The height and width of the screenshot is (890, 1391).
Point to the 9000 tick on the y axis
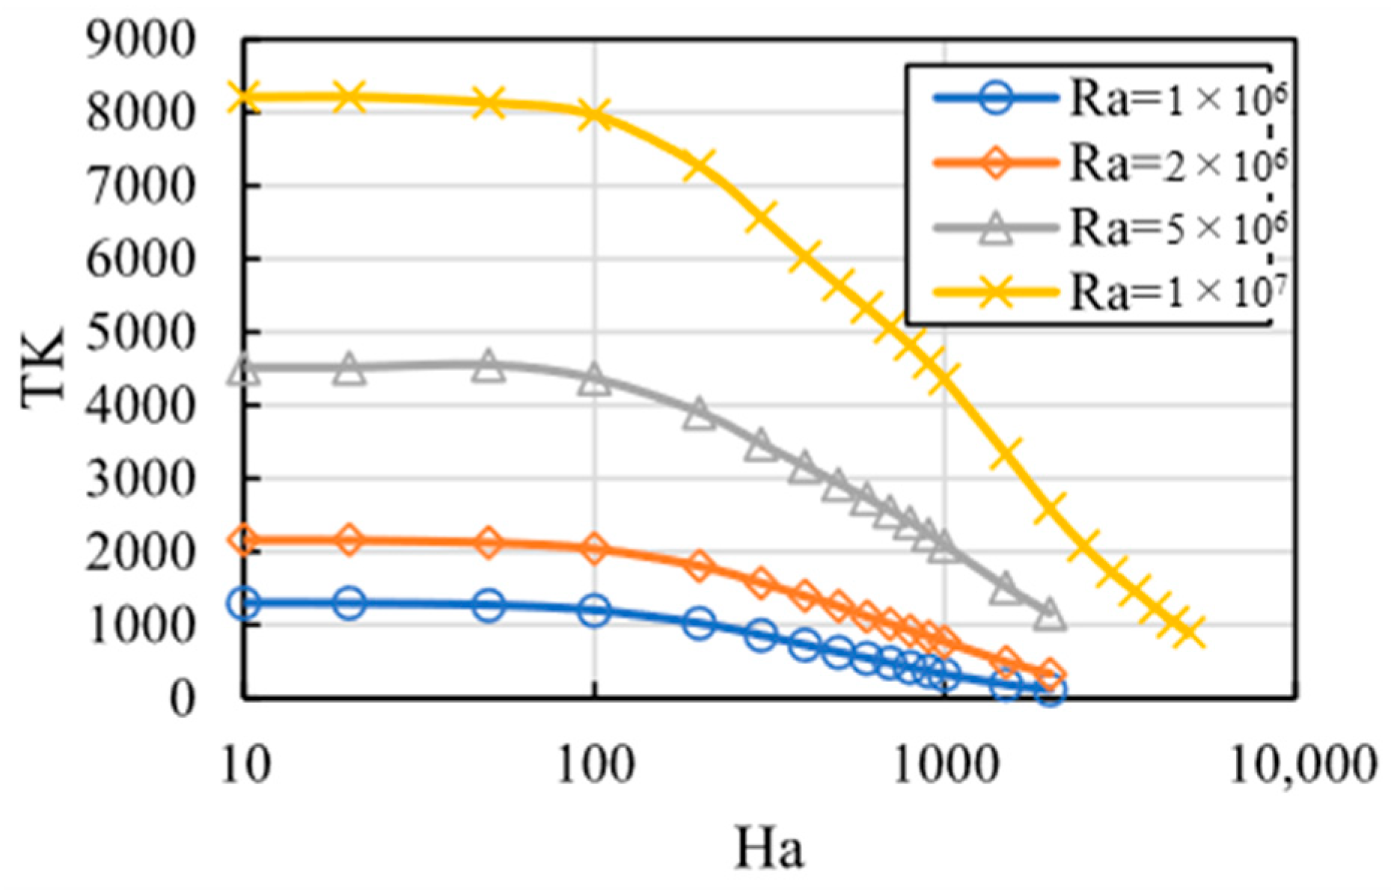141,40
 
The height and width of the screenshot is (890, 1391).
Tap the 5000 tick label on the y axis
141,332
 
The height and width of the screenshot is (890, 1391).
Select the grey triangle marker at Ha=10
244,369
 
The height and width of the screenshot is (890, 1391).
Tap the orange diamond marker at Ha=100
595,548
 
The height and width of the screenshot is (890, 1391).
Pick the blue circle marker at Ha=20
349,602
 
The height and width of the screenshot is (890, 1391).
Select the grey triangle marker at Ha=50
489,366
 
